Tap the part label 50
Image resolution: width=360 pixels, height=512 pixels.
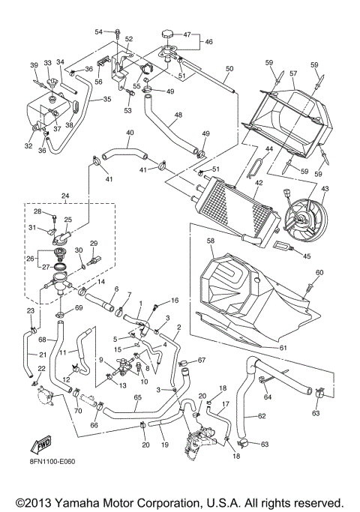pyautogui.click(x=229, y=69)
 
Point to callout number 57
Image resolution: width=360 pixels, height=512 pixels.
pyautogui.click(x=294, y=74)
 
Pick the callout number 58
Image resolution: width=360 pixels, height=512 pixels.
pyautogui.click(x=211, y=241)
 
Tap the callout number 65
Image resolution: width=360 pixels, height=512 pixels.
pyautogui.click(x=138, y=398)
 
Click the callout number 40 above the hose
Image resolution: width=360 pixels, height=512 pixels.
pyautogui.click(x=130, y=133)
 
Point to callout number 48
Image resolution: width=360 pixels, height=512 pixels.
pyautogui.click(x=177, y=116)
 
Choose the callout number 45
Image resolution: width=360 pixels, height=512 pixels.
pyautogui.click(x=307, y=256)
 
